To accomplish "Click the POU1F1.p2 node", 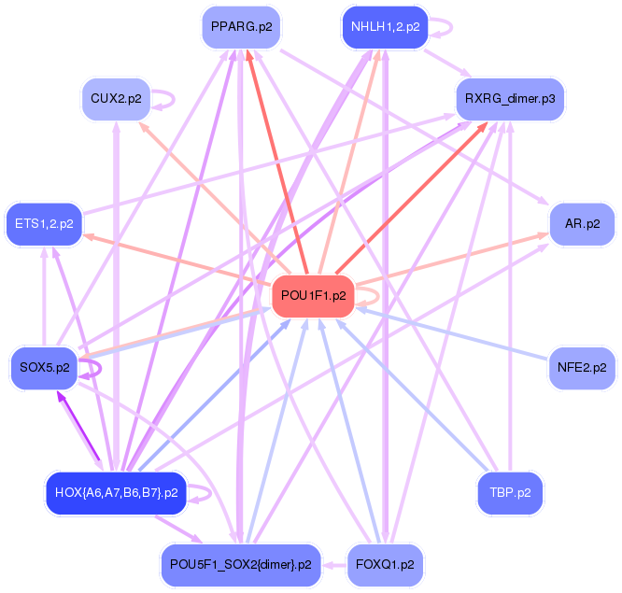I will tap(313, 296).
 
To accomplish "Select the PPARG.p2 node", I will tap(241, 27).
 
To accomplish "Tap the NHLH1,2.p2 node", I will tap(384, 27).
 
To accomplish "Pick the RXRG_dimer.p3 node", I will tap(510, 97).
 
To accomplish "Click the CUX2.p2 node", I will tap(116, 97).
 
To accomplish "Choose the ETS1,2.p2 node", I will tap(44, 223).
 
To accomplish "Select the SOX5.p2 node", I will tap(44, 367).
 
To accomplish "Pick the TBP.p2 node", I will tap(510, 492).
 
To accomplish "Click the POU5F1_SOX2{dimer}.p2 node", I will tap(241, 564).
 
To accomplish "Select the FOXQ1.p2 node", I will tap(384, 564).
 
